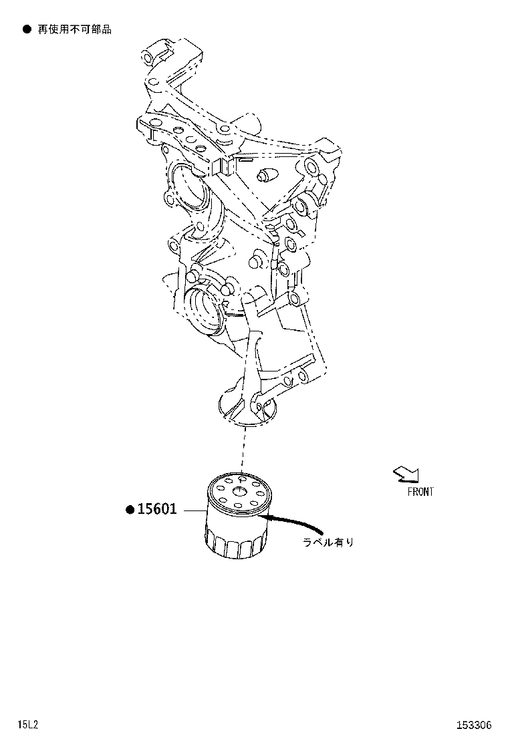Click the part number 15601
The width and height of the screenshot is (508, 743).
tap(158, 509)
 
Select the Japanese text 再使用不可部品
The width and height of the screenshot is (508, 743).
tap(74, 29)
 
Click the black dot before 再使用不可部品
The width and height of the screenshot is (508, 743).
tap(27, 29)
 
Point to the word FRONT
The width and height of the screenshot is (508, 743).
tap(420, 492)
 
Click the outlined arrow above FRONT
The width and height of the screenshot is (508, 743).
tap(406, 474)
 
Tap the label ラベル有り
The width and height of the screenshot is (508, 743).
tap(328, 543)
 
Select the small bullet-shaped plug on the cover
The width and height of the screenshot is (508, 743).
tap(266, 176)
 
